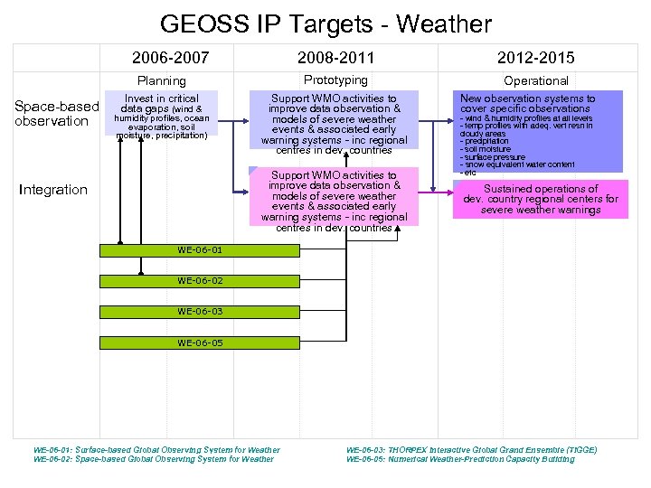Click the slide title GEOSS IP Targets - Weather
[325, 24]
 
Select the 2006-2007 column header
[170, 58]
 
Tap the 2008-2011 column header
[335, 58]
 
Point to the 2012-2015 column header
[536, 58]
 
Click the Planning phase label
[161, 81]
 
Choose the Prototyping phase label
[335, 80]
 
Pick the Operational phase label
[536, 81]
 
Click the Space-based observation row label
[57, 115]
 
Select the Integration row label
[54, 190]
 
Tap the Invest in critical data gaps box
[161, 116]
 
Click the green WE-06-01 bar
[200, 250]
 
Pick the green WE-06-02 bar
[200, 281]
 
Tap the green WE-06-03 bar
[200, 312]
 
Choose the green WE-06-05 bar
[200, 343]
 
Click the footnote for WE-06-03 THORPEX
[471, 449]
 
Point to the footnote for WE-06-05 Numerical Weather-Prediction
[460, 459]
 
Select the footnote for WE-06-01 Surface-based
[156, 449]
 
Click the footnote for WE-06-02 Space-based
[153, 459]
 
